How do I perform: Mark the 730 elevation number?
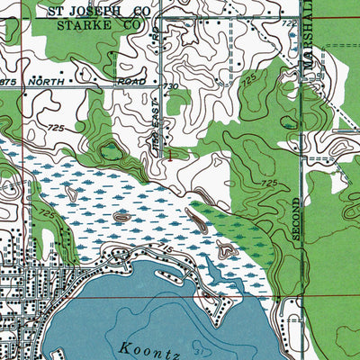point(171,86)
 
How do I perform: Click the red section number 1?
point(171,154)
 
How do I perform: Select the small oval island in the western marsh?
point(121,217)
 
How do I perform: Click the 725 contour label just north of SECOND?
point(267,183)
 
